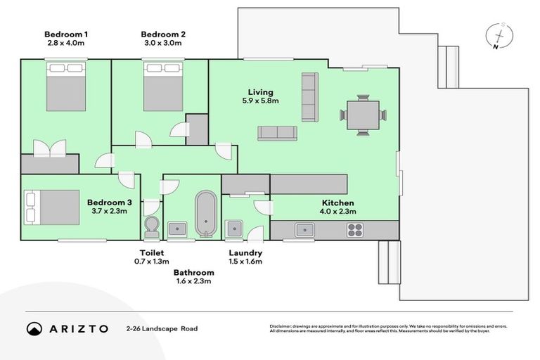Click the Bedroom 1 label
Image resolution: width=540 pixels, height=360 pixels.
(65, 34)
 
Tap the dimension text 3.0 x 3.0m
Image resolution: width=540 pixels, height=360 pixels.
(163, 43)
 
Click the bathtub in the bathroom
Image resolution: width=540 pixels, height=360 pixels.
(205, 213)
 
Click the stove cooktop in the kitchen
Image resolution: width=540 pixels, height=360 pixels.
(355, 229)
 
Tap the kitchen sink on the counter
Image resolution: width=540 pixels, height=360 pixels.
(305, 229)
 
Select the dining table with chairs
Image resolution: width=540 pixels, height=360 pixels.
(363, 114)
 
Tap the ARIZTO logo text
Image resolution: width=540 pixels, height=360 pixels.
(79, 328)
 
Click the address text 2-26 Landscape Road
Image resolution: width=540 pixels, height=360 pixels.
(162, 328)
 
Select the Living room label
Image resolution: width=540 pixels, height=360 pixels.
(260, 92)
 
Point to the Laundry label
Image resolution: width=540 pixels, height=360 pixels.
(245, 253)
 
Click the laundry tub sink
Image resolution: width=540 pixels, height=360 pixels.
(233, 229)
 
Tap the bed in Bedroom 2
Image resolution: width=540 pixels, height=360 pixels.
(162, 86)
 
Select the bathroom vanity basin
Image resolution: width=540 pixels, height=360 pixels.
(177, 229)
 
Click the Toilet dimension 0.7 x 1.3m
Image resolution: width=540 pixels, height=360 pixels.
(152, 262)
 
